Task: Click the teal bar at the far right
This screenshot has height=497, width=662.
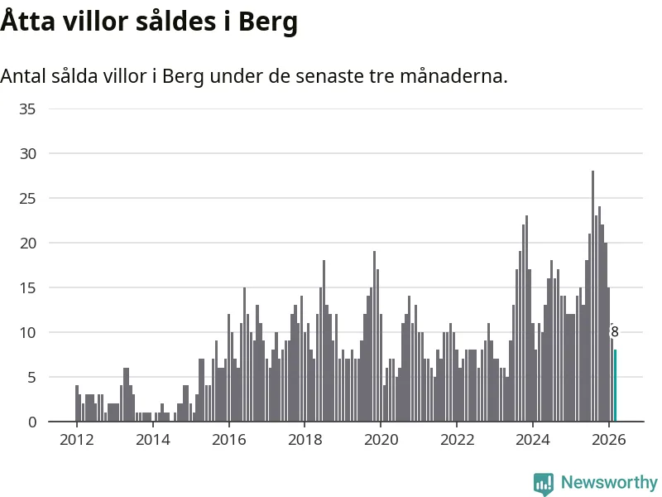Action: click(615, 386)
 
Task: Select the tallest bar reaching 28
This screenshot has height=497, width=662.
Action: click(592, 297)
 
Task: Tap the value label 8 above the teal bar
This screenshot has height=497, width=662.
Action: click(614, 332)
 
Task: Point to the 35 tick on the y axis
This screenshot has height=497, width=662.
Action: click(27, 109)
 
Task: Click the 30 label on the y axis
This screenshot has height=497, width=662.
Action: click(27, 153)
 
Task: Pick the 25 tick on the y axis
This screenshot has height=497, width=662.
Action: click(27, 198)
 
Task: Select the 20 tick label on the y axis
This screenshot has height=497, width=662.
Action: click(27, 243)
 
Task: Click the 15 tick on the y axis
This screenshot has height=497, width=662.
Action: click(27, 287)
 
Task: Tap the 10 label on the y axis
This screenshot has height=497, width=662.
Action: click(27, 332)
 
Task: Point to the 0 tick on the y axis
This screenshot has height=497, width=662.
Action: click(32, 422)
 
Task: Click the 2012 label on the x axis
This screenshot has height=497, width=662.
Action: click(76, 440)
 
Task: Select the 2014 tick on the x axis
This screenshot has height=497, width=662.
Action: click(152, 440)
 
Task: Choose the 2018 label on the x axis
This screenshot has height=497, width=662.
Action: click(305, 440)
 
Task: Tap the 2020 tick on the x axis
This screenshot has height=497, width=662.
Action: click(381, 440)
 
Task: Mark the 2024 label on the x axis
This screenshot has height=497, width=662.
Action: click(533, 440)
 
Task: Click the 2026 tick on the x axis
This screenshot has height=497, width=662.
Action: click(609, 440)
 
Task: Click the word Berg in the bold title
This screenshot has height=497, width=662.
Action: click(267, 22)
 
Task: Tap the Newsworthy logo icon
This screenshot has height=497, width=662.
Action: click(544, 483)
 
